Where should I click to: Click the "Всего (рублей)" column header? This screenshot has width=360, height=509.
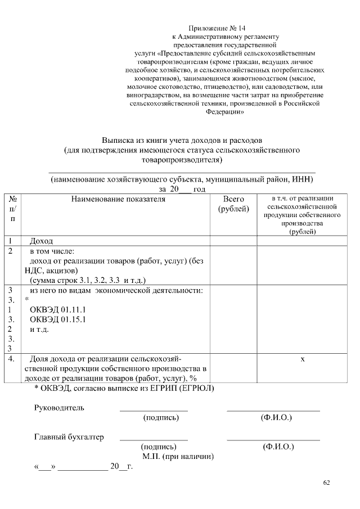click(x=233, y=204)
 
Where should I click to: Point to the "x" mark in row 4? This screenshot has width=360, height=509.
click(x=303, y=359)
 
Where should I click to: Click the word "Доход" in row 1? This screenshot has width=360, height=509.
click(x=41, y=241)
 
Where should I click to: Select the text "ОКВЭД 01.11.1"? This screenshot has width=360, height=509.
click(x=57, y=310)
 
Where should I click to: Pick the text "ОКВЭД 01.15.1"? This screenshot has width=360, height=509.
click(x=57, y=319)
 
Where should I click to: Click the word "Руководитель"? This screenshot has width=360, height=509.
click(x=60, y=408)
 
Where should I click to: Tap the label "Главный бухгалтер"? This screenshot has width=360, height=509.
click(x=69, y=437)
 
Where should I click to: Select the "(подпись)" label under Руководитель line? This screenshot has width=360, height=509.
click(x=161, y=418)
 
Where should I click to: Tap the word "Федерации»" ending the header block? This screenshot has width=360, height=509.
click(x=225, y=112)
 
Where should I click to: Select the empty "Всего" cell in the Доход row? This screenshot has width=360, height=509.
click(x=233, y=241)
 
